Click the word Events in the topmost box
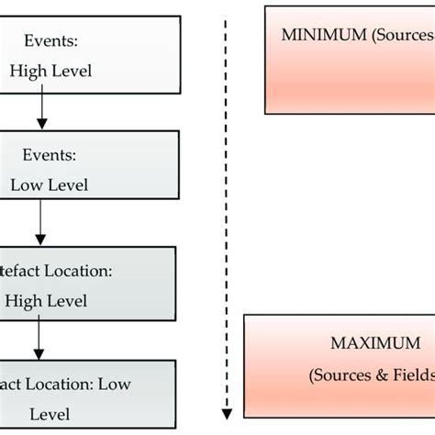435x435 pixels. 50,40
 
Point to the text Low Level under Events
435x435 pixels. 50,184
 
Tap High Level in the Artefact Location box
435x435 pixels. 46,300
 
